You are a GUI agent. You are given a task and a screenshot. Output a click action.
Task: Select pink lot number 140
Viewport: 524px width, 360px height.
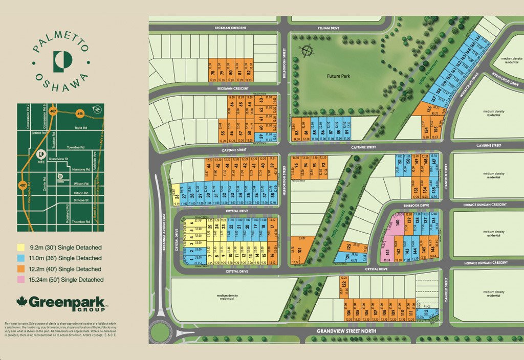tap(397, 223)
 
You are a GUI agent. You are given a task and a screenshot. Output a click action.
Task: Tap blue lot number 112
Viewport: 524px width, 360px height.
tap(426, 312)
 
